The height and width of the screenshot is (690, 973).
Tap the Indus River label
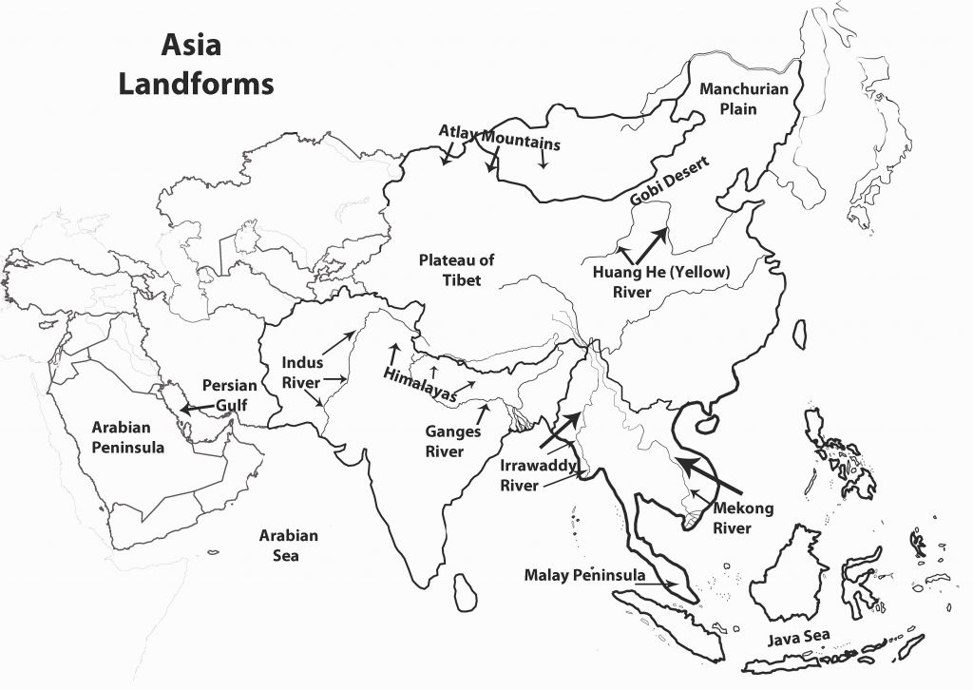302,373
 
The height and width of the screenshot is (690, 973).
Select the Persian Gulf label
229,395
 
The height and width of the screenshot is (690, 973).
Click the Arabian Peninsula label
128,436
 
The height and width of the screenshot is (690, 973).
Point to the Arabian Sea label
288,546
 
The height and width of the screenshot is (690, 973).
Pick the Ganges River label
452,441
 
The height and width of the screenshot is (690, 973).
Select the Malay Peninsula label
584,575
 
